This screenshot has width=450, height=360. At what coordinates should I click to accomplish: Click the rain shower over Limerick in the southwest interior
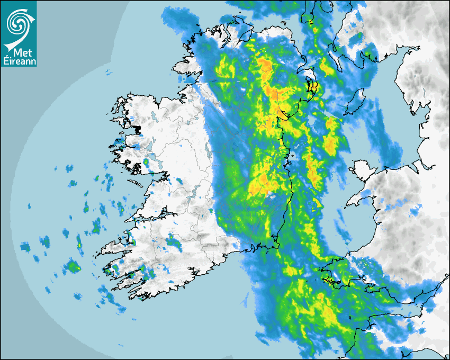(173, 242)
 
